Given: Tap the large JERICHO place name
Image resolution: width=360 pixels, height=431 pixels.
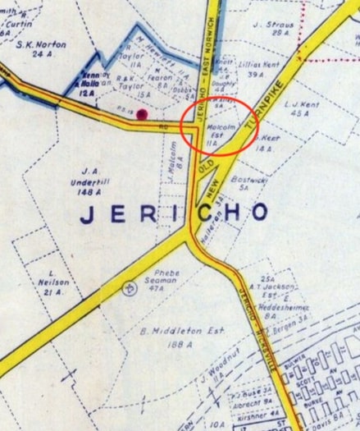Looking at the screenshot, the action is (x=174, y=213).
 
